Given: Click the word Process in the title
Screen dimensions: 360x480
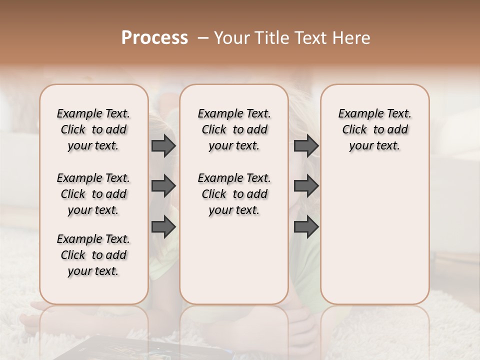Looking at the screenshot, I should (x=154, y=38).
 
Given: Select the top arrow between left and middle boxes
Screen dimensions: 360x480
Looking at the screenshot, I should (x=163, y=146).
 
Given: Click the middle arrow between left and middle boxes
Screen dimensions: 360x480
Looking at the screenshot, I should (x=163, y=186).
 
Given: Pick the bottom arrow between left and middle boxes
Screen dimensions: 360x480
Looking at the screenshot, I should (x=163, y=226).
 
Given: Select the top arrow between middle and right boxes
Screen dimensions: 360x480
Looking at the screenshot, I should (x=306, y=146).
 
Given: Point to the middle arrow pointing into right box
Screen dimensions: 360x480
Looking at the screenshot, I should (x=306, y=186).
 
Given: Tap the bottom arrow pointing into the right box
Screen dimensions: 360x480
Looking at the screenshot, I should (x=306, y=226).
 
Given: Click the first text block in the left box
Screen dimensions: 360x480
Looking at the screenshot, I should (x=93, y=129).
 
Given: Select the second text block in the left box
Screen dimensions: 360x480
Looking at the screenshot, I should (x=93, y=194).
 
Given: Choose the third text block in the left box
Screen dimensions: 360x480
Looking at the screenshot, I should (x=93, y=255).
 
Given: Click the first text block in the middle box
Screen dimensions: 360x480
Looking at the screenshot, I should (x=234, y=129).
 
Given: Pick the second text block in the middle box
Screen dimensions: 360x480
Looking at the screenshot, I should (x=234, y=194).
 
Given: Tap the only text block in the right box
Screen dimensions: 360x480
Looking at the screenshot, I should (x=374, y=129).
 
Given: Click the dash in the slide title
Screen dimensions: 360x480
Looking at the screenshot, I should (x=202, y=38).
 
